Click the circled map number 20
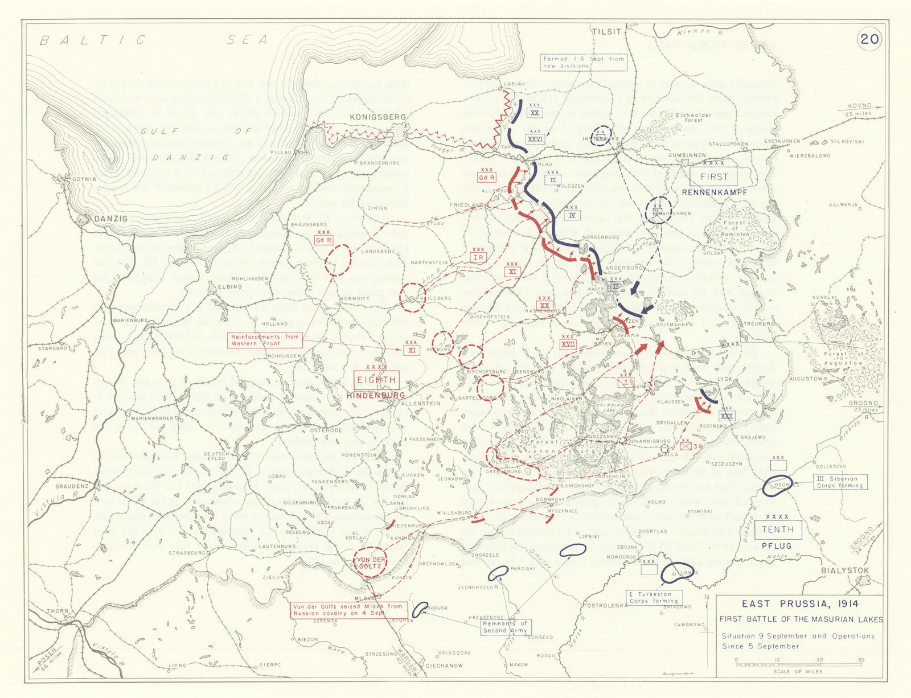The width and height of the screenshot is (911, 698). click(x=869, y=39)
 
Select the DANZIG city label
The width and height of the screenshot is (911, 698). click(x=111, y=219)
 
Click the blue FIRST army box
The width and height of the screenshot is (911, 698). click(x=713, y=176)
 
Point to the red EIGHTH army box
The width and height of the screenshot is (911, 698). click(x=376, y=380)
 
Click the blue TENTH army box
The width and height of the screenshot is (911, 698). click(x=777, y=529)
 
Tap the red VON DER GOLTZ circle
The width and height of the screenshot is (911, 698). click(x=370, y=562)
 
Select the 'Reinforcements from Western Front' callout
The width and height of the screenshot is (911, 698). click(x=265, y=340)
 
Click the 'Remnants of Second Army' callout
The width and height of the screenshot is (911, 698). click(x=506, y=627)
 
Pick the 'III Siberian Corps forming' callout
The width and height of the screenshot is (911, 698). click(x=840, y=482)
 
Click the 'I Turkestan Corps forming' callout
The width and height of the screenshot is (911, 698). click(x=654, y=597)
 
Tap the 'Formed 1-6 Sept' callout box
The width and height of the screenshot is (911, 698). click(x=583, y=62)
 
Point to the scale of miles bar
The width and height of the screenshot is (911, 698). click(x=798, y=664)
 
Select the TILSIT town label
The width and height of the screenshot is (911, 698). click(x=606, y=32)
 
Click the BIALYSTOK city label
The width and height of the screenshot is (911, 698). click(x=845, y=570)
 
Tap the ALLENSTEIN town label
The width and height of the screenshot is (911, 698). click(x=421, y=403)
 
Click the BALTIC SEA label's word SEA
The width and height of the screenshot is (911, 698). click(x=247, y=40)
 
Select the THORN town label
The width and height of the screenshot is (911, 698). click(x=58, y=611)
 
